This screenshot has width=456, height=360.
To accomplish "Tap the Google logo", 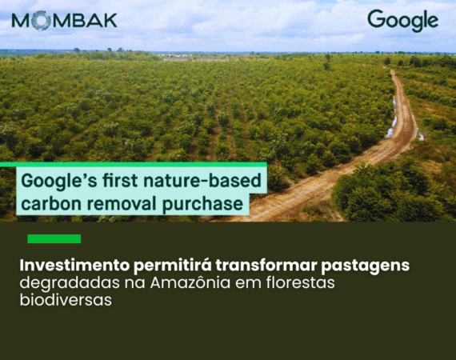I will (x=402, y=20).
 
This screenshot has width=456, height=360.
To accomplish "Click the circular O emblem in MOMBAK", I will (x=39, y=20).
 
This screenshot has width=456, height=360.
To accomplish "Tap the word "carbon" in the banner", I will (x=49, y=203).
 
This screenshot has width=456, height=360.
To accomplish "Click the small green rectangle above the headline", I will (x=54, y=238).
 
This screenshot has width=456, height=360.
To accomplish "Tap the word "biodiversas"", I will (x=66, y=300).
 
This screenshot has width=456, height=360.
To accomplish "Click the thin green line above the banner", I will (x=120, y=164).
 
